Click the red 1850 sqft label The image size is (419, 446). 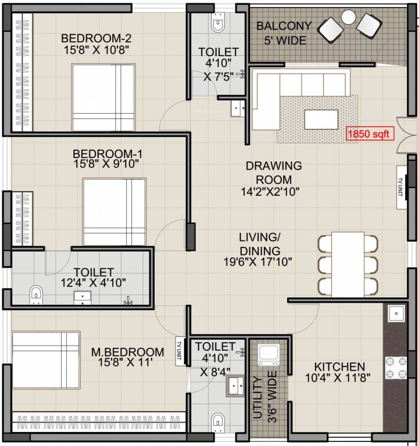(x=370, y=134)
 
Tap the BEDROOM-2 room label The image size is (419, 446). (x=97, y=38)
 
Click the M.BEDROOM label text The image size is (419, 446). (x=127, y=352)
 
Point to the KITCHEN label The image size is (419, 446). (x=339, y=366)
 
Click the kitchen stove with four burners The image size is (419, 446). (x=396, y=368)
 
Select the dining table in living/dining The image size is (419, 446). (x=348, y=262)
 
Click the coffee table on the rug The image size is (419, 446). (x=320, y=119)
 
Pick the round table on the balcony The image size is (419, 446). (x=348, y=17)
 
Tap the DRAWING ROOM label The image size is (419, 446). (x=273, y=172)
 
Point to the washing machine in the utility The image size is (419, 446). (x=268, y=354)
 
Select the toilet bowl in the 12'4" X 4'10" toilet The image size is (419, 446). (x=36, y=294)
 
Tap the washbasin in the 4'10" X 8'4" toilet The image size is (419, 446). (x=235, y=384)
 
